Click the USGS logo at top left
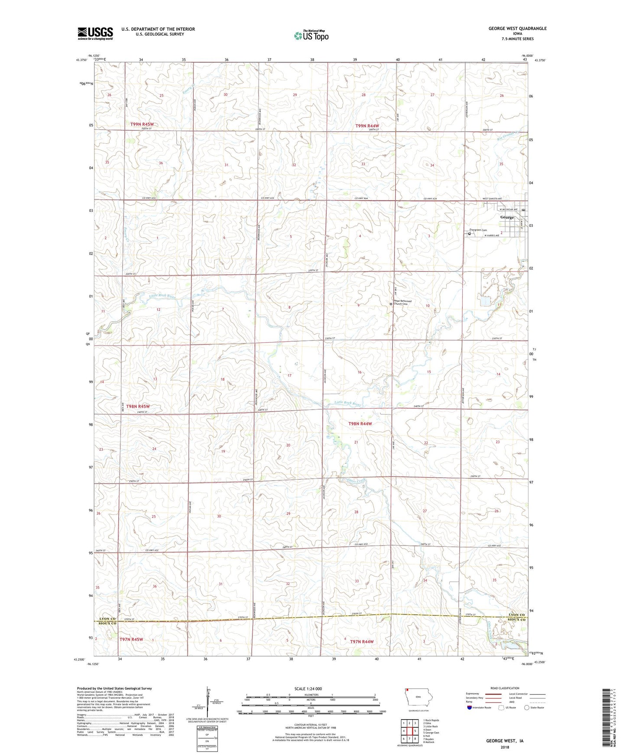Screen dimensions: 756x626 coord(95,33)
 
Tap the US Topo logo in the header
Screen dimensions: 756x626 coord(311,36)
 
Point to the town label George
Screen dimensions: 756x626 coord(507,217)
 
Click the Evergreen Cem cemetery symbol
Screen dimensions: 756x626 coord(469,234)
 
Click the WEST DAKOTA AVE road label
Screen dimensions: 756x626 coord(492,199)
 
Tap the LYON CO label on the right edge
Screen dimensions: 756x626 coord(516,615)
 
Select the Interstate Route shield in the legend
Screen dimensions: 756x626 coord(470,708)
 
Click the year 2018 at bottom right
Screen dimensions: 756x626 coord(504,747)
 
